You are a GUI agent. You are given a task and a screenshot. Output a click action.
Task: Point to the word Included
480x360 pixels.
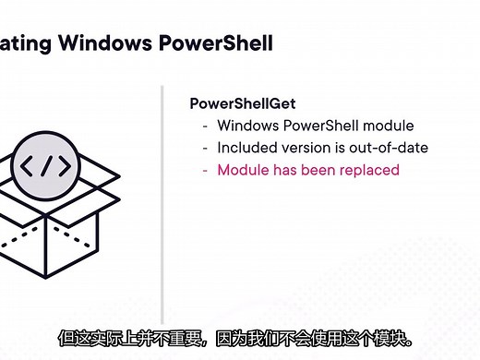coord(246,148)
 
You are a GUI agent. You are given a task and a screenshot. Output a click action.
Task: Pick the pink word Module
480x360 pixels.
coord(242,170)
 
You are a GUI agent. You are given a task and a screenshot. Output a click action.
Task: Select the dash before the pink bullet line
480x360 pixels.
coord(205,170)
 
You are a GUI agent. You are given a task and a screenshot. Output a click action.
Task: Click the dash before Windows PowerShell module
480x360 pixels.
coord(205,126)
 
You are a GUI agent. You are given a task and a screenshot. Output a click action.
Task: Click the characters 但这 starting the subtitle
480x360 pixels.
coord(70,337)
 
